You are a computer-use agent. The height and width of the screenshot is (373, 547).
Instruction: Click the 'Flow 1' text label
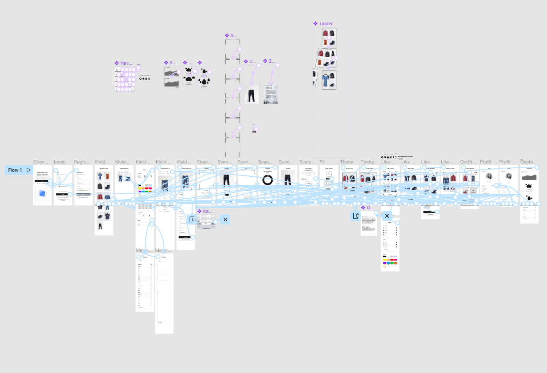click(x=15, y=170)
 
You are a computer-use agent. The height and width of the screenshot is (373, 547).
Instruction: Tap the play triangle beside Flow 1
click(x=28, y=170)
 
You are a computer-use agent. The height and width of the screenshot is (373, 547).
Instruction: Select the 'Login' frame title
click(x=60, y=162)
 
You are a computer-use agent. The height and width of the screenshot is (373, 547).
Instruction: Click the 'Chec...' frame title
click(x=41, y=162)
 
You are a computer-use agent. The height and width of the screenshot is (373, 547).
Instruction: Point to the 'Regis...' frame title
click(x=81, y=162)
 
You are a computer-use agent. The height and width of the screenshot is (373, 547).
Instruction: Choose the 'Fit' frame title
click(x=322, y=162)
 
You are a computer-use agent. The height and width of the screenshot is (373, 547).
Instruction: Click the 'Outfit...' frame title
click(x=468, y=162)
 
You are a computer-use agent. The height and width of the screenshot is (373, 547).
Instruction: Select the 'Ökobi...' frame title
click(x=528, y=162)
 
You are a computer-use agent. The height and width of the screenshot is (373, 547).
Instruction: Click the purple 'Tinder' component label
click(x=326, y=23)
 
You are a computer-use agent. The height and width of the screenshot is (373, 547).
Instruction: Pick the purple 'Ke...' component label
click(x=207, y=211)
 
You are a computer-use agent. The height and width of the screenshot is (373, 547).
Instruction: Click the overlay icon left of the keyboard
click(x=192, y=219)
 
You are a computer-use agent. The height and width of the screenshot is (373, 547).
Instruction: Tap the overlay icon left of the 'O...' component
click(x=356, y=216)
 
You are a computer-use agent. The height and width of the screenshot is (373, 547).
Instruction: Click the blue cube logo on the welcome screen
click(x=42, y=193)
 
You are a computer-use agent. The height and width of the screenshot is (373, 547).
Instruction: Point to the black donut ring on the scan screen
click(x=267, y=180)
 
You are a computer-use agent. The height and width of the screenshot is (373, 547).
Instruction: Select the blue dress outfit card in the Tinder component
click(x=329, y=80)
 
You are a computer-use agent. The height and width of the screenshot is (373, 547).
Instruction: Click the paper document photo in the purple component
click(x=271, y=94)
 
